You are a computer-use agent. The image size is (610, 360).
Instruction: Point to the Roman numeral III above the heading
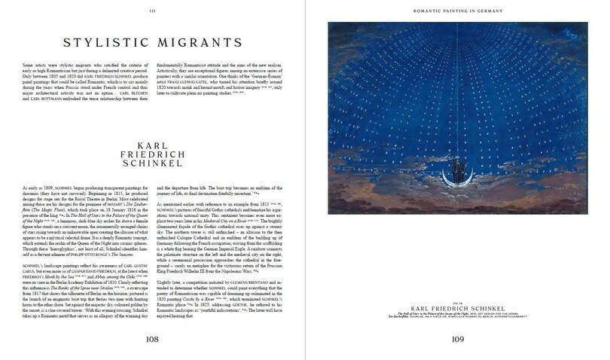point(152,10)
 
